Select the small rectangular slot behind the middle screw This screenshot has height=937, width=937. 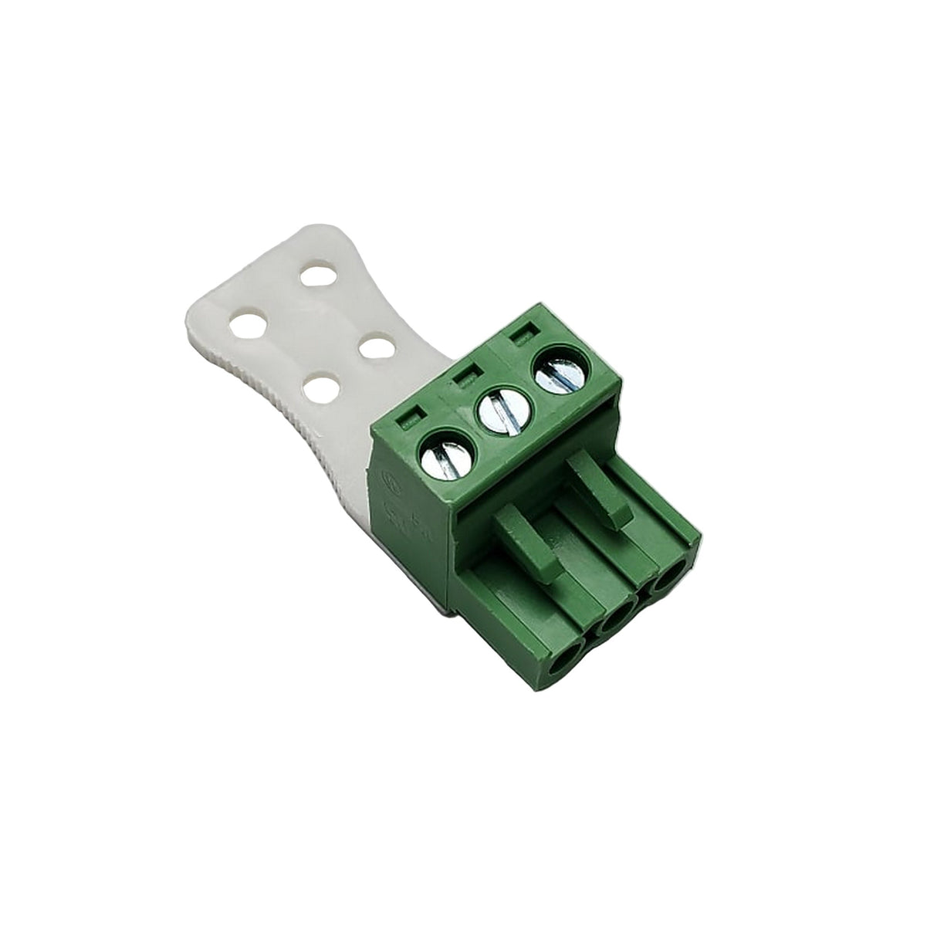click(464, 377)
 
